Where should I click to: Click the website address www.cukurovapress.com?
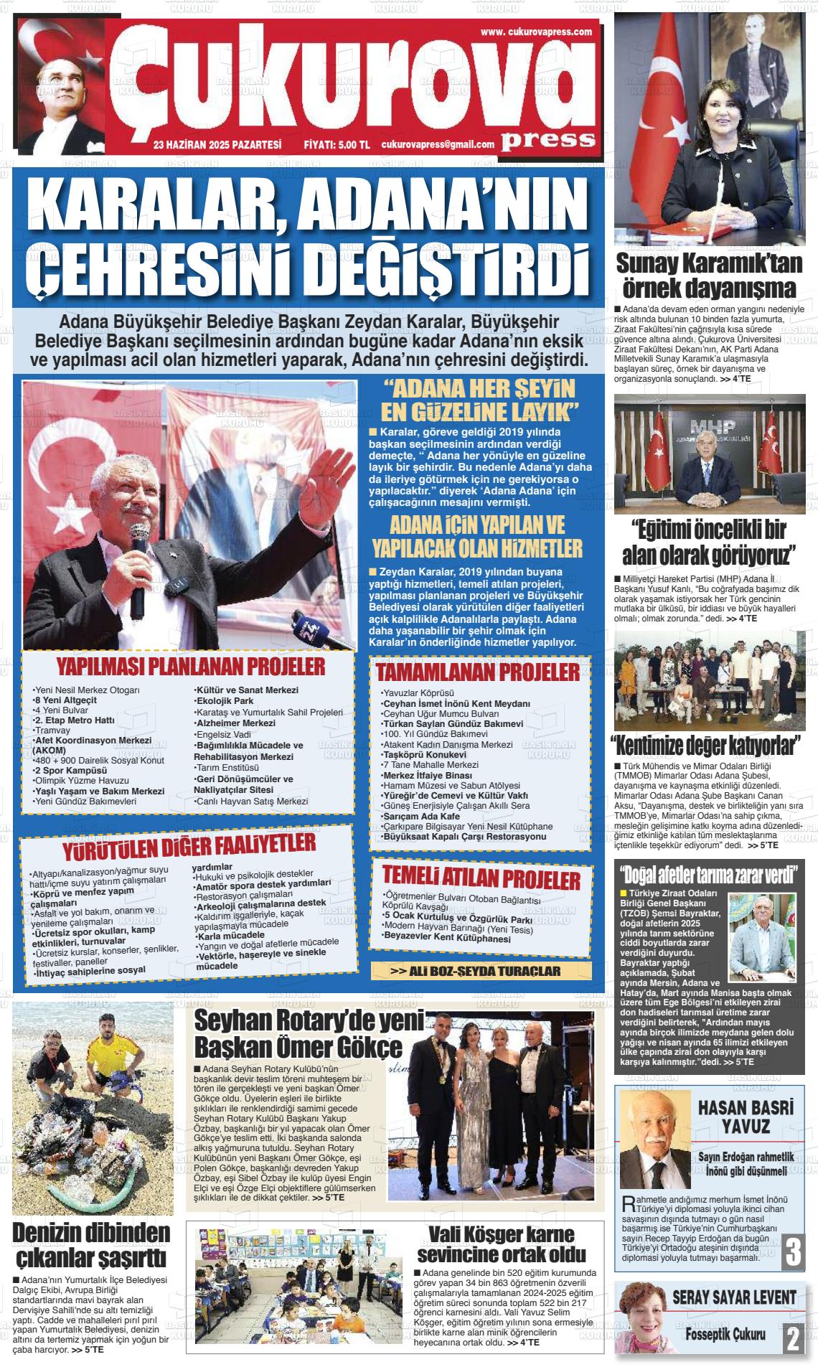[536, 32]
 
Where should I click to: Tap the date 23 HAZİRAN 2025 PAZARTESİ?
[217, 145]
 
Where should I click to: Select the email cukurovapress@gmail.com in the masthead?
[438, 145]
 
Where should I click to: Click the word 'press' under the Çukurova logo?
[548, 139]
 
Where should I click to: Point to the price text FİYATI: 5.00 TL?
[337, 145]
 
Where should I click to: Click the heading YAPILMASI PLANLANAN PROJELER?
[190, 666]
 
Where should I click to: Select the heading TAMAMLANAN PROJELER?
[477, 672]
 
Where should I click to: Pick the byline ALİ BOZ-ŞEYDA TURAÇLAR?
[481, 971]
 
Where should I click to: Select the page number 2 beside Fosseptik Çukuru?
[792, 1338]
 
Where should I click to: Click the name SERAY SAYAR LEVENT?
[733, 1297]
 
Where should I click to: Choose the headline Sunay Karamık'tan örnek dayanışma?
[709, 276]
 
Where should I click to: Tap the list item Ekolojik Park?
[225, 700]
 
